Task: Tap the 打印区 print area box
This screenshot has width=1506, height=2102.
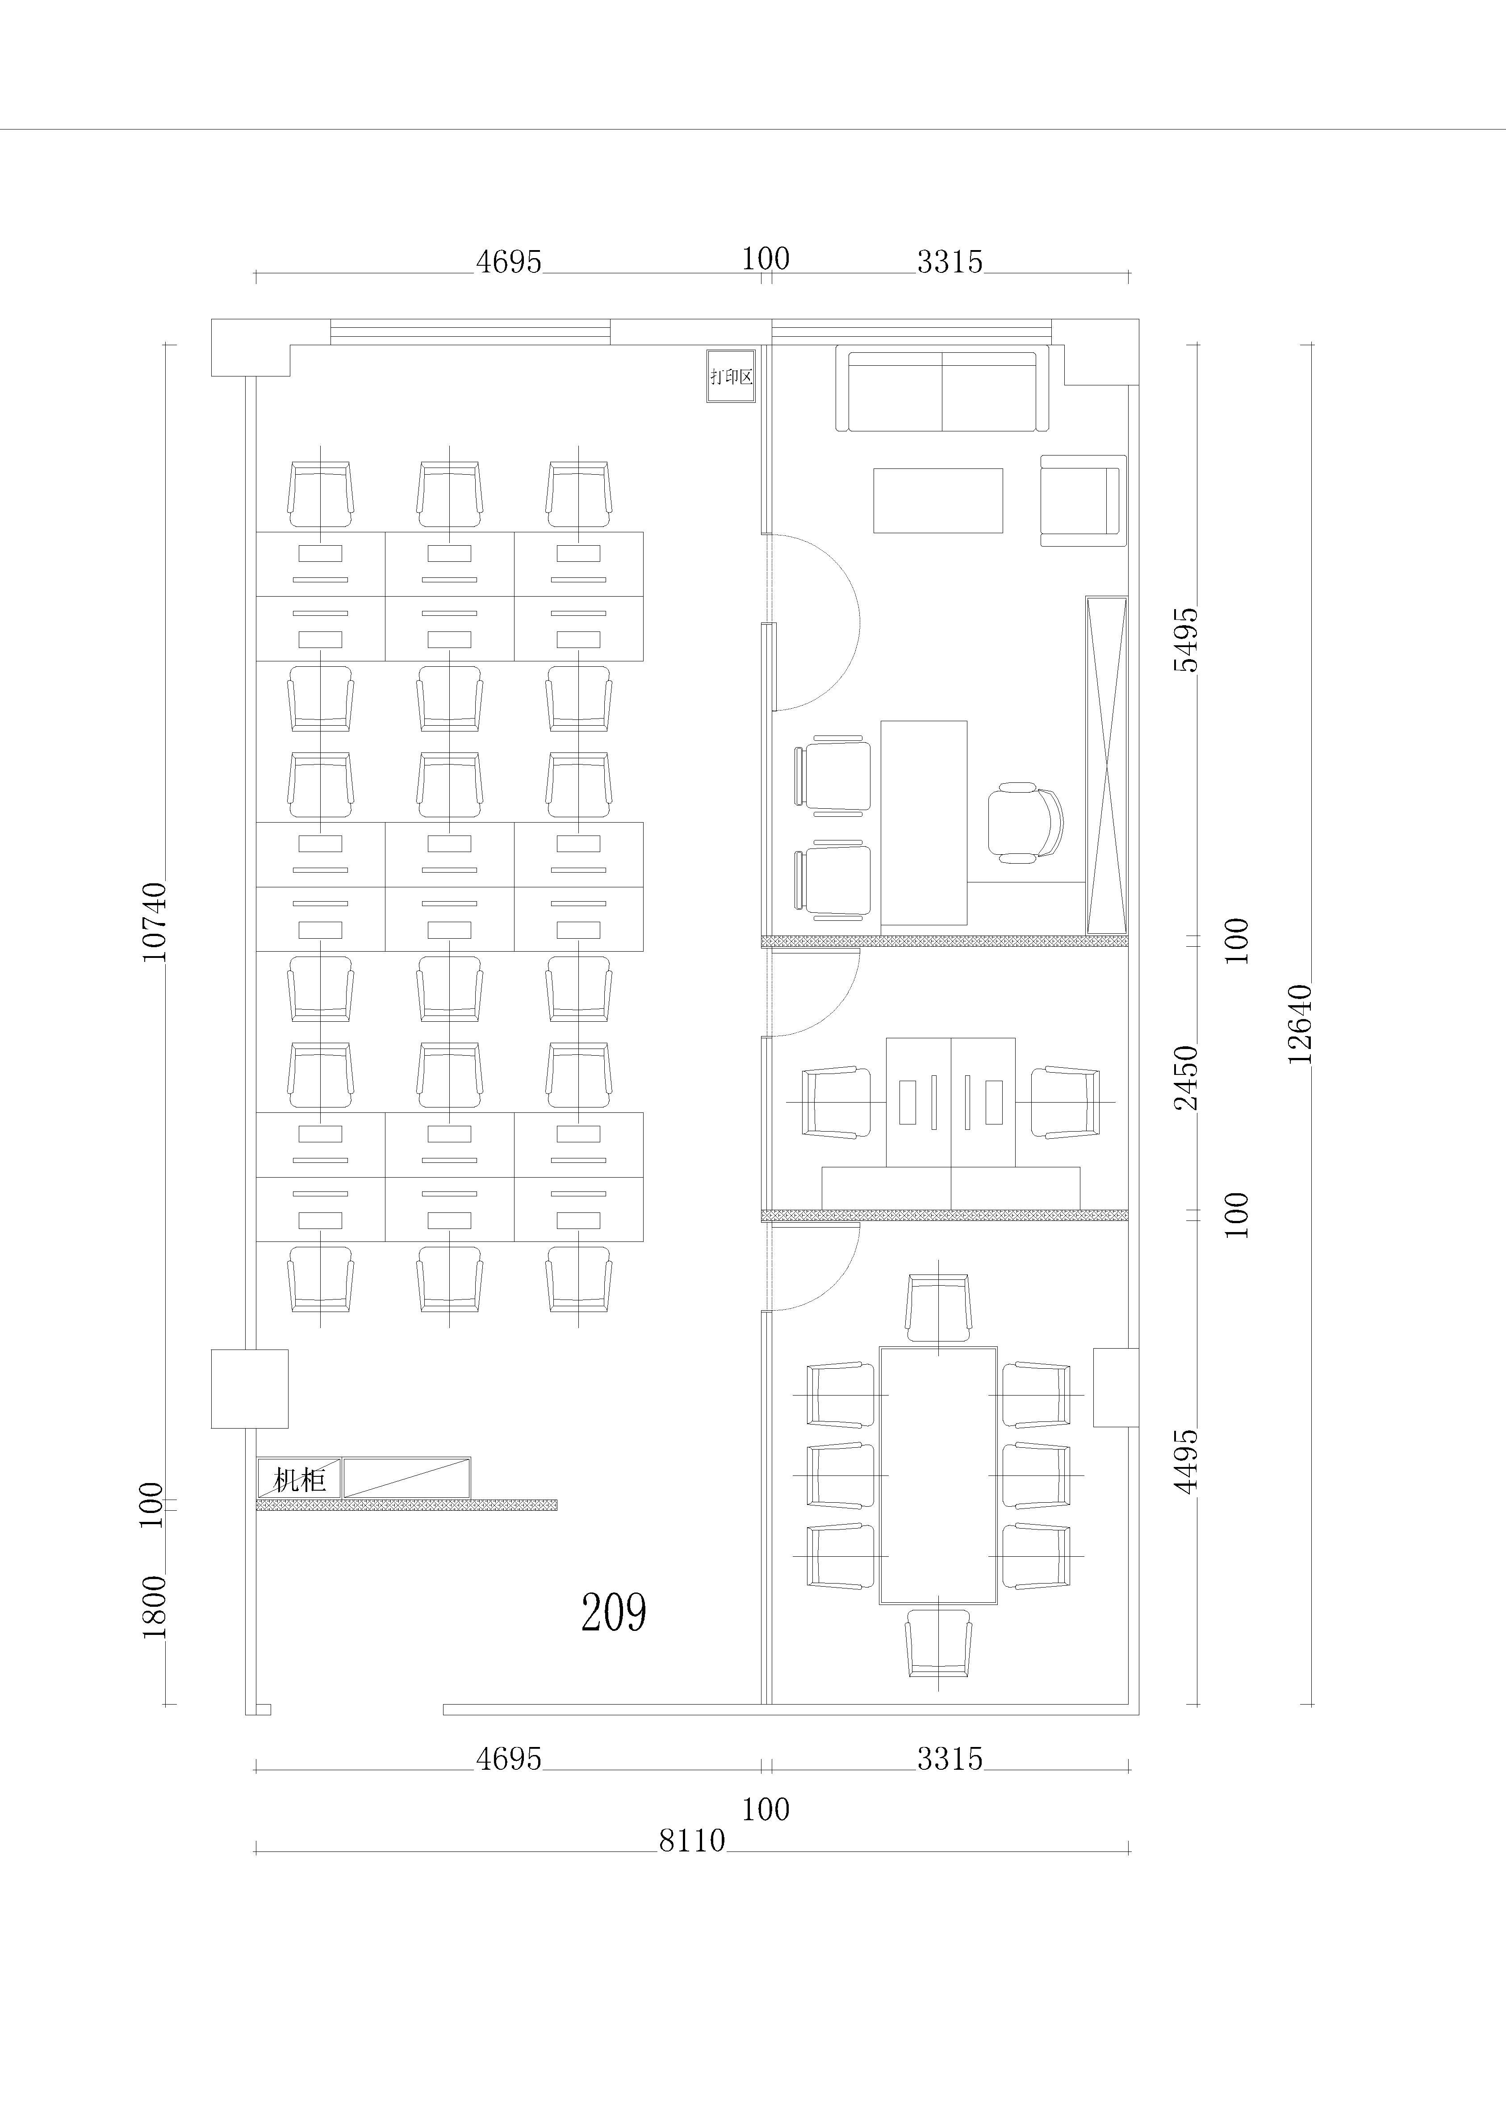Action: [x=731, y=376]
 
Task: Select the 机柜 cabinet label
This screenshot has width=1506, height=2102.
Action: [x=299, y=1479]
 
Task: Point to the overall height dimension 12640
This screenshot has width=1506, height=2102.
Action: [x=1300, y=1023]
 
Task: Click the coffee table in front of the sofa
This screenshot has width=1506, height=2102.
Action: [x=938, y=501]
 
